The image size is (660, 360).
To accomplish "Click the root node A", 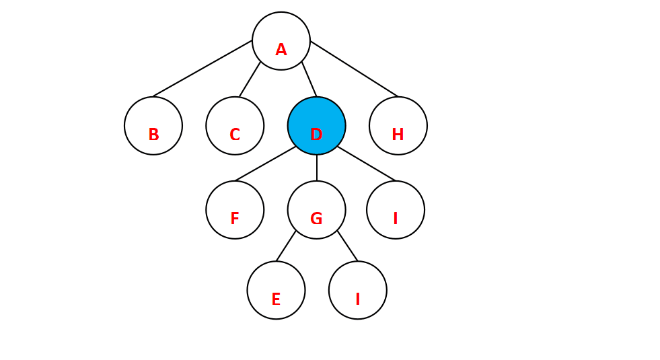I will [x=281, y=40].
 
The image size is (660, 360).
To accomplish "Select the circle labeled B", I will [x=153, y=125].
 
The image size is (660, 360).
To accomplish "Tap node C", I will [x=235, y=125].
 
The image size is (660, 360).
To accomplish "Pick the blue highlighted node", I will [x=316, y=125].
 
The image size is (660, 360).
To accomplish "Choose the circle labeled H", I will [x=398, y=125].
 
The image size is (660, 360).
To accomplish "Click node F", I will [x=235, y=209].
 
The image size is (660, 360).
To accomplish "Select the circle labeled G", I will [x=316, y=209].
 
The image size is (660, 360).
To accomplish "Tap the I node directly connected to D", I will [x=396, y=209].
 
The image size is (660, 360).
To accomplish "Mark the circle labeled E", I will [x=276, y=290].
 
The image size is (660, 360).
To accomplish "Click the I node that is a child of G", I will [x=358, y=290].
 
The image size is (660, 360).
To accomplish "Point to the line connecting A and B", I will [x=203, y=69].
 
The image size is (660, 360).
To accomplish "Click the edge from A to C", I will [x=250, y=79].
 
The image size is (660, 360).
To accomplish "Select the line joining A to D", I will [x=309, y=79].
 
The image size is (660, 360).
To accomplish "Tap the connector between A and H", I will [x=355, y=69].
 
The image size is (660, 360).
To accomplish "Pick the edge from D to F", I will [x=266, y=164].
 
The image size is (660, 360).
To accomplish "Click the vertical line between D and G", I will [x=316, y=168].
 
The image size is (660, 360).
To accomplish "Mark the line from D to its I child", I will [x=367, y=164].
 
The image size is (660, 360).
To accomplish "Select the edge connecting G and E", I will [x=286, y=246].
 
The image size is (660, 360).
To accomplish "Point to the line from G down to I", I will [x=348, y=246].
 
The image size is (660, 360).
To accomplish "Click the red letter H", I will [x=398, y=135].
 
